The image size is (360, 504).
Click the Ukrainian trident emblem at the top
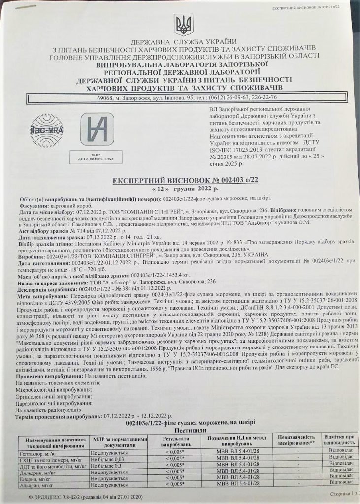[180, 24]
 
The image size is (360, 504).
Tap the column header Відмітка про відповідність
[337, 440]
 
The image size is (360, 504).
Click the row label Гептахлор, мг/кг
[38, 451]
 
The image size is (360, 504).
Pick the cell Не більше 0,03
[106, 458]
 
